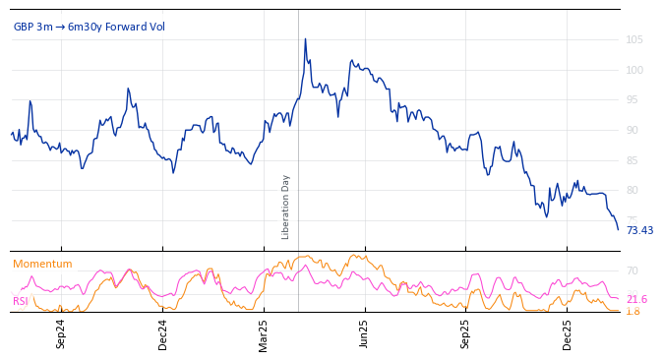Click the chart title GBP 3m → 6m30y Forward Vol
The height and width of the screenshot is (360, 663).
[90, 27]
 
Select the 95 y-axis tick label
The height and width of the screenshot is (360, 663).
[633, 100]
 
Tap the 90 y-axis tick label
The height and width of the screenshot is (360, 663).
[633, 130]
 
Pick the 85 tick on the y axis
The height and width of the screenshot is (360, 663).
[633, 160]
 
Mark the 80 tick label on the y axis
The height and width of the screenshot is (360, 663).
[633, 190]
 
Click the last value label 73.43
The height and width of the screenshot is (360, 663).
[639, 230]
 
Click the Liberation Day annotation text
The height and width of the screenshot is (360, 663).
[286, 207]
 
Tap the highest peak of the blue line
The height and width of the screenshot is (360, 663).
[305, 39]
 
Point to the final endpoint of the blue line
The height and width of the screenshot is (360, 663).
[618, 229]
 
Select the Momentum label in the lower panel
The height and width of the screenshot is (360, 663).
[42, 264]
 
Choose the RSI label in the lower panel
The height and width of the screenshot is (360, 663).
[20, 301]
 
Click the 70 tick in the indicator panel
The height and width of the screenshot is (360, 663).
[633, 270]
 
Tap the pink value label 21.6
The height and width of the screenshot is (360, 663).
[636, 299]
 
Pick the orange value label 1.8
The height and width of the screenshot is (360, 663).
[633, 311]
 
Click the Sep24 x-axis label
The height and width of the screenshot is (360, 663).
[61, 333]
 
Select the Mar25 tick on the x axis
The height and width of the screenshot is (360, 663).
[264, 333]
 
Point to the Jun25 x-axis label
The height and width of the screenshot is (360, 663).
[365, 333]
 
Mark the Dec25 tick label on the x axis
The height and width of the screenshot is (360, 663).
[568, 333]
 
